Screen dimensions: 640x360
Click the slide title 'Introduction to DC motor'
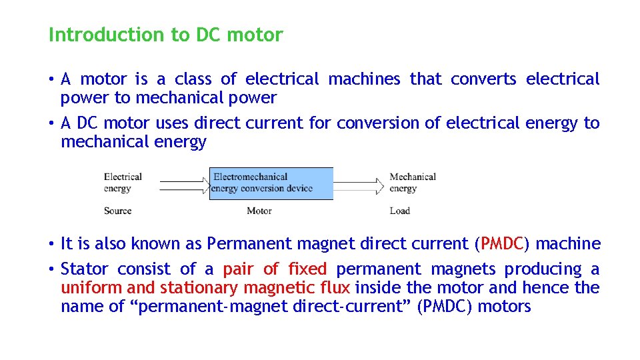(x=165, y=35)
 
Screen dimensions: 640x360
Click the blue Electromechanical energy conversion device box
(x=271, y=183)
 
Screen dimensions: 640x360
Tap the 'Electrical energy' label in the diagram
(x=123, y=183)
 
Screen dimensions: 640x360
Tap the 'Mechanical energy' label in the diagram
(x=413, y=183)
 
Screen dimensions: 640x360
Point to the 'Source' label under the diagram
(x=117, y=211)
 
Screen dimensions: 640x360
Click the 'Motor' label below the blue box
(x=259, y=211)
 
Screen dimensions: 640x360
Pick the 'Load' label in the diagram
(x=400, y=211)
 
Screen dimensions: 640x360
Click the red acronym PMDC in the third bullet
(x=503, y=244)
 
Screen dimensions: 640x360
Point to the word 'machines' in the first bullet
(x=365, y=79)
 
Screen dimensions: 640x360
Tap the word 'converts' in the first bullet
(x=483, y=79)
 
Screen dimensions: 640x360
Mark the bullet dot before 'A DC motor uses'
(x=51, y=123)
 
